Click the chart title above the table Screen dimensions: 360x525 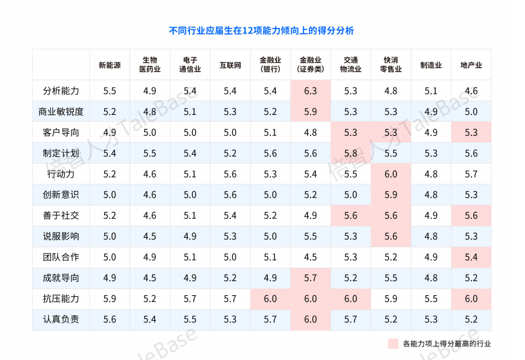262,31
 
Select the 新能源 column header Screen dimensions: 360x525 110,65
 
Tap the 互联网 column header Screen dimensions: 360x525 230,65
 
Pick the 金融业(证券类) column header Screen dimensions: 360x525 311,65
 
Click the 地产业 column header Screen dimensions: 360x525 471,65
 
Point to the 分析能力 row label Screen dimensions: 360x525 61,91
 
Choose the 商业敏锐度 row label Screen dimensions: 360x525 61,111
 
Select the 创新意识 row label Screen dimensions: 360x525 61,195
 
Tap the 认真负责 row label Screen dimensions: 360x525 61,319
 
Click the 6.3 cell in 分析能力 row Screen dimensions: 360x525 311,91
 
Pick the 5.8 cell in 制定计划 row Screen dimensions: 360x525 351,153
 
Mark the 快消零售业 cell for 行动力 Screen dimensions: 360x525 391,174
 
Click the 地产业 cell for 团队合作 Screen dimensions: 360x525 471,257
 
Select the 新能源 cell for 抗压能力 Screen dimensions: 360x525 110,299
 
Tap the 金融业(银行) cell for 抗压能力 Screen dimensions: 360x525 270,299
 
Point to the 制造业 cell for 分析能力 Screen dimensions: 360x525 431,91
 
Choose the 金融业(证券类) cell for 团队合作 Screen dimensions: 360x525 311,257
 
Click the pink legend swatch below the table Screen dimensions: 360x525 393,344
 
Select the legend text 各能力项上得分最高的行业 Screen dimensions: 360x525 447,344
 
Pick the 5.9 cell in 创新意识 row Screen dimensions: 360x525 391,195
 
